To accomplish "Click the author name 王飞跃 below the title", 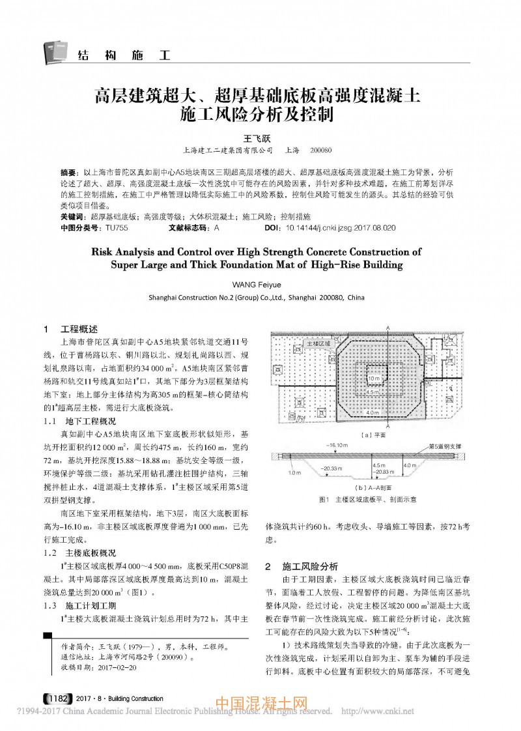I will (260, 138).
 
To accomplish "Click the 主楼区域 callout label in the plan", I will (319, 341).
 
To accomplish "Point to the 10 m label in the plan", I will (373, 378).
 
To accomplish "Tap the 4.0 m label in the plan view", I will (373, 413).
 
